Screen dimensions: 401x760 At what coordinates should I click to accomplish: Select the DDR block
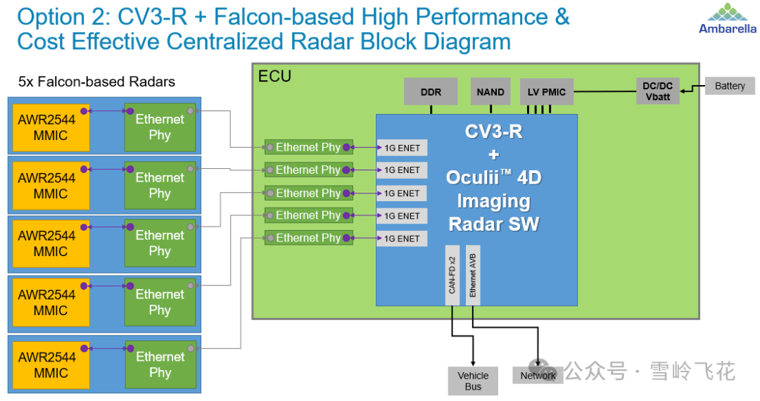(x=431, y=91)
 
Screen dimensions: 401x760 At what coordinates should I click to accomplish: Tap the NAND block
(x=490, y=91)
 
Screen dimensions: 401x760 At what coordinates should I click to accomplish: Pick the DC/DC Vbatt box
(x=657, y=91)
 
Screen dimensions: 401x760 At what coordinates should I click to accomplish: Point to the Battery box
(x=729, y=86)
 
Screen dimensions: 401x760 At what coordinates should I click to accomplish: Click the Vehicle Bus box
(x=473, y=381)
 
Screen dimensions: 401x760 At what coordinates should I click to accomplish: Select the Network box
(x=538, y=376)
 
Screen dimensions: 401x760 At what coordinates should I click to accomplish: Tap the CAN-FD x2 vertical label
(x=452, y=275)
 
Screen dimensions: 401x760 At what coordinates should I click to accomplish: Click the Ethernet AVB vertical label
(x=473, y=275)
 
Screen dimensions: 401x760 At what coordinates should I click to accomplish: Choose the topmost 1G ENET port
(x=402, y=148)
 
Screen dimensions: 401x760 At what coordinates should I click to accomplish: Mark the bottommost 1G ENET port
(x=402, y=238)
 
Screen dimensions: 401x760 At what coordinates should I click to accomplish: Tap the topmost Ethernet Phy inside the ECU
(x=308, y=147)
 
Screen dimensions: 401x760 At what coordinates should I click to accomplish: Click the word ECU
(x=274, y=76)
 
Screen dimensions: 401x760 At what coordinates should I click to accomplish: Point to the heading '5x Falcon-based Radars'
(x=96, y=82)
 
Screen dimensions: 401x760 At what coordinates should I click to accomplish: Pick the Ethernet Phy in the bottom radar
(x=160, y=364)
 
